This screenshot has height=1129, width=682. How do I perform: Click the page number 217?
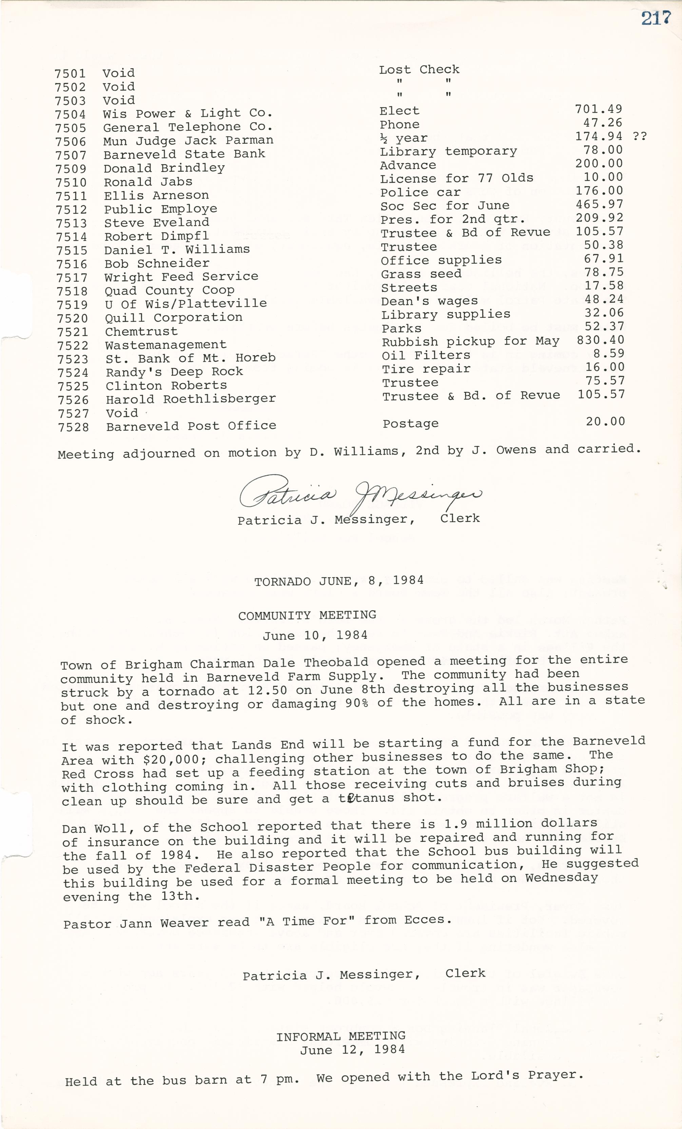[656, 18]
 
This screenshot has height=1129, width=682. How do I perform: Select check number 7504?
[71, 115]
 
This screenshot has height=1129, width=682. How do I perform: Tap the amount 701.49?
[599, 109]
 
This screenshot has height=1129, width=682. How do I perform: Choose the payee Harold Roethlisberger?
[191, 399]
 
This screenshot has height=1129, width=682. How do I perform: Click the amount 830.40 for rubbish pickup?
[600, 340]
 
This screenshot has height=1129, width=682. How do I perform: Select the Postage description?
[410, 424]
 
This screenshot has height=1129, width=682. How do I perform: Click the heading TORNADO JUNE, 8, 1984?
[339, 581]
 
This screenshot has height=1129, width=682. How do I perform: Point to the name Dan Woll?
[98, 828]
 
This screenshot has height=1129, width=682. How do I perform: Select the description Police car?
[420, 193]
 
